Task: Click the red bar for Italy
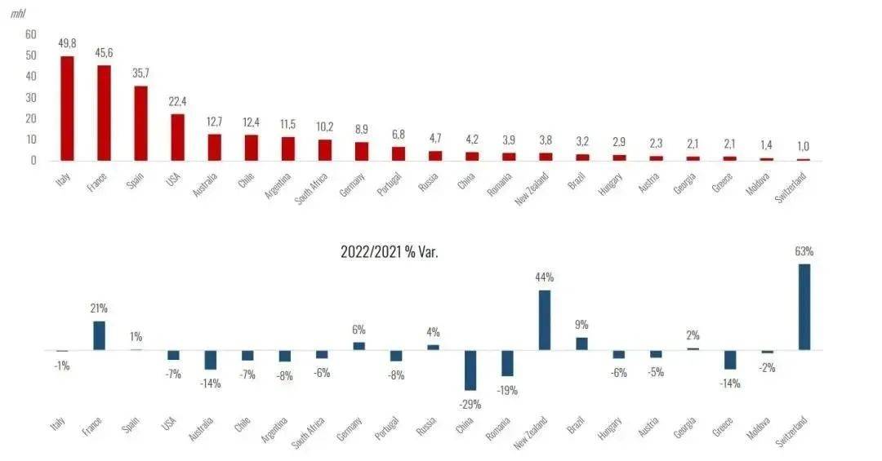pyautogui.click(x=67, y=109)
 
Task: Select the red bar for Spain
pyautogui.click(x=140, y=123)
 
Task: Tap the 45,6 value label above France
pyautogui.click(x=104, y=53)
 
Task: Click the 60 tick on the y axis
pyautogui.click(x=31, y=34)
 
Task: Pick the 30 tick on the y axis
pyautogui.click(x=31, y=97)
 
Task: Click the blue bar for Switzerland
pyautogui.click(x=804, y=307)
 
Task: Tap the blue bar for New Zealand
pyautogui.click(x=545, y=320)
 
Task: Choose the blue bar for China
pyautogui.click(x=470, y=370)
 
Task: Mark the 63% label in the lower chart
pyautogui.click(x=804, y=251)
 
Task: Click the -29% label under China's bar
pyautogui.click(x=470, y=403)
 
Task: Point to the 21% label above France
pyautogui.click(x=99, y=308)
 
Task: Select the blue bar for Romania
pyautogui.click(x=507, y=363)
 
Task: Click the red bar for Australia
pyautogui.click(x=214, y=147)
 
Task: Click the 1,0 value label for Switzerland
pyautogui.click(x=804, y=146)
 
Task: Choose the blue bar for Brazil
pyautogui.click(x=581, y=344)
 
